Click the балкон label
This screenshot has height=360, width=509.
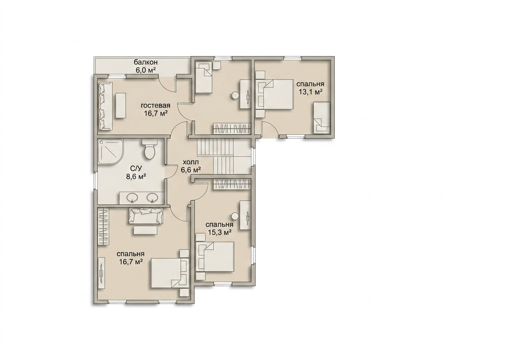tap(146, 62)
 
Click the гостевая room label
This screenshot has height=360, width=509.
tap(155, 105)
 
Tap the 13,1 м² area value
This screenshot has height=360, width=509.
tap(310, 92)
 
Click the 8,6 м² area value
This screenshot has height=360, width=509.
tap(136, 176)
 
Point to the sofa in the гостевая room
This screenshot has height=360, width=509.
tap(105, 106)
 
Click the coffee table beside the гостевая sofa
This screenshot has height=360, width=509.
tap(121, 105)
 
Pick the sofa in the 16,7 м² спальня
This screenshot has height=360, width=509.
tap(146, 216)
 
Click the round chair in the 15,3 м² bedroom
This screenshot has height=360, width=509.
tap(235, 216)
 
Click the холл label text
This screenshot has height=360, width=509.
tap(191, 162)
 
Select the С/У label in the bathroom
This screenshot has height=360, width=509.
tap(136, 168)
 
